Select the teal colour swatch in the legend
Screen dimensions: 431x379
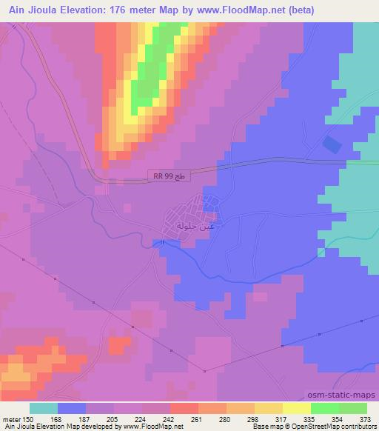coord(43,408)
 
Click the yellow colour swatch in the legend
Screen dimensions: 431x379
coord(295,408)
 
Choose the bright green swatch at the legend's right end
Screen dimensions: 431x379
coord(352,408)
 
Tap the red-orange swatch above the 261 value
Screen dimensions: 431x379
coord(184,408)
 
